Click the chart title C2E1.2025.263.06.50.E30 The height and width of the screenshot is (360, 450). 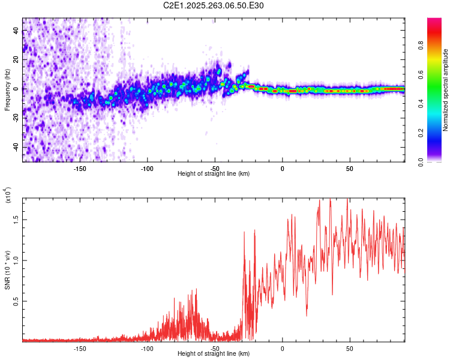tap(214, 5)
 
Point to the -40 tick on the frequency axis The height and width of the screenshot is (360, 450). tap(16, 147)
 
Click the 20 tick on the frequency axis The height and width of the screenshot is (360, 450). tap(16, 59)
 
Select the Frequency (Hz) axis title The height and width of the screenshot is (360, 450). tap(7, 90)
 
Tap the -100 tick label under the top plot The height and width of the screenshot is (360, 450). tap(148, 168)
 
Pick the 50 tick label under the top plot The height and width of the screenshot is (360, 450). tap(350, 168)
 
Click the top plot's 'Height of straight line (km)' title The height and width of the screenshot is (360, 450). tap(214, 174)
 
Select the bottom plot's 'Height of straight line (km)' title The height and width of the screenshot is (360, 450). tap(214, 354)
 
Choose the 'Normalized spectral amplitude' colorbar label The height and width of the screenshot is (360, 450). tap(446, 90)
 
